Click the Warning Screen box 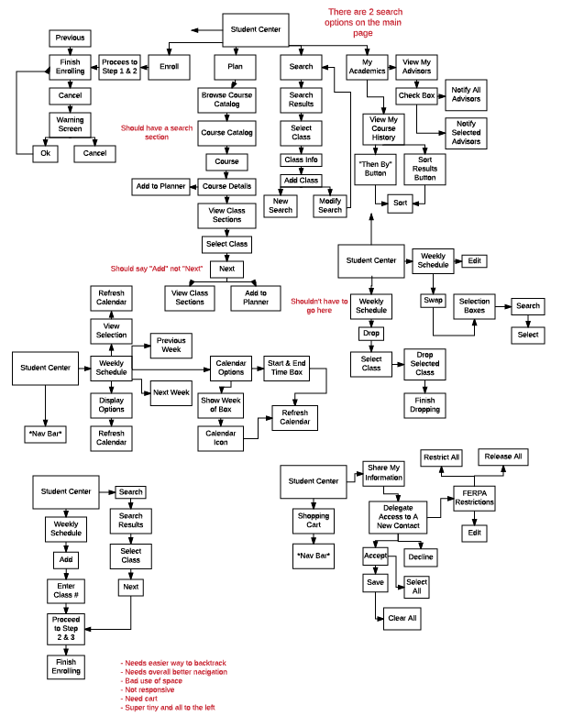(x=70, y=124)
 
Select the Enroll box (x=169, y=66)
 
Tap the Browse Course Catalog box (x=227, y=99)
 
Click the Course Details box (x=227, y=186)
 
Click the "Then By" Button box (x=375, y=167)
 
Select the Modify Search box (x=330, y=204)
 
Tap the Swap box (x=433, y=300)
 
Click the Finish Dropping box (x=424, y=404)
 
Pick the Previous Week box (x=171, y=346)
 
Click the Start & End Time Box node (x=287, y=367)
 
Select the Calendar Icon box (x=221, y=438)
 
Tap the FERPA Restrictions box (x=474, y=500)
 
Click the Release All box (x=503, y=456)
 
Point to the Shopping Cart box (x=314, y=520)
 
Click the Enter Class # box (x=65, y=590)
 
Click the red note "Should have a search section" (x=157, y=132)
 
